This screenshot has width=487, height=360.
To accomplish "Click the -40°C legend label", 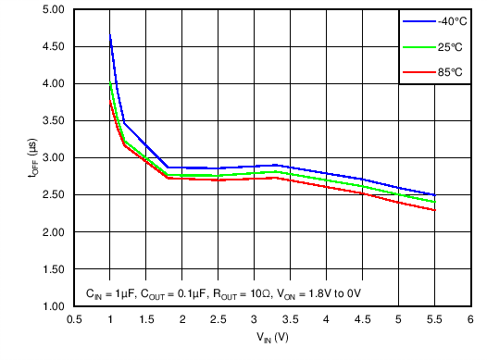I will point(447,20).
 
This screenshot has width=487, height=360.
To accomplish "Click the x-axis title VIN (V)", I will point(272,338).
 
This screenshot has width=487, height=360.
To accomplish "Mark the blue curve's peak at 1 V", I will point(110,35).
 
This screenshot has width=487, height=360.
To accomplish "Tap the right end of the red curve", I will point(434,210).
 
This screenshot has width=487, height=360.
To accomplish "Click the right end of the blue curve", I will point(434,195).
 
